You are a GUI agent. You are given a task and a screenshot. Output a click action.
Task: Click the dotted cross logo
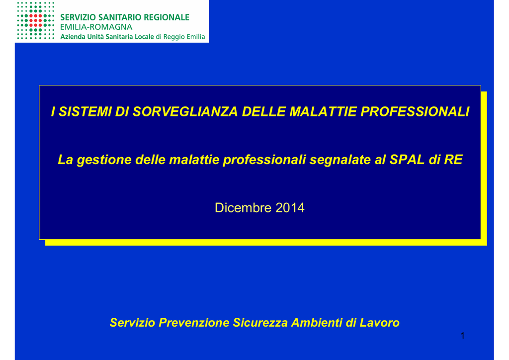[x=35, y=20]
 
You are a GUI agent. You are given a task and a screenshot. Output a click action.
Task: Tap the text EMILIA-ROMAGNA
[x=96, y=27]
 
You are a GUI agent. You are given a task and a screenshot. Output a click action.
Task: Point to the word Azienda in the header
[x=73, y=37]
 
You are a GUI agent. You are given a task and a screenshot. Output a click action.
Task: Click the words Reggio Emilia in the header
[x=184, y=37]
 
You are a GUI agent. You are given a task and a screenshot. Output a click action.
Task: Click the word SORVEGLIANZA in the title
[x=185, y=112]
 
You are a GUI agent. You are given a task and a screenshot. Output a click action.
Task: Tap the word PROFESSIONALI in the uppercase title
[x=415, y=112]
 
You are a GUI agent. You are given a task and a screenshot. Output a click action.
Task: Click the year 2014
[x=290, y=208]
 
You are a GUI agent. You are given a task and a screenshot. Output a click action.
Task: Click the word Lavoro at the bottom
[x=379, y=323]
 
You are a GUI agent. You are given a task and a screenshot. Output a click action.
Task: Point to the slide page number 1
[x=463, y=336]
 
